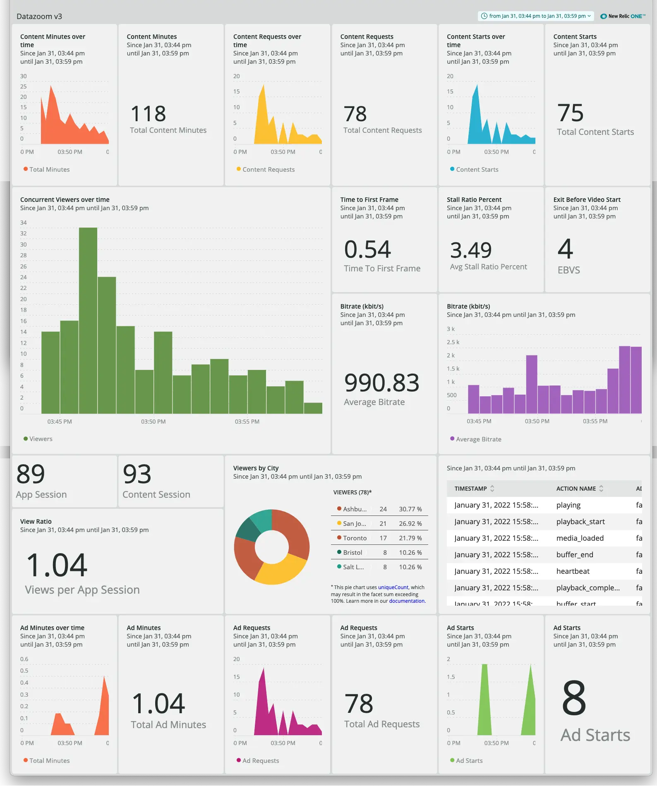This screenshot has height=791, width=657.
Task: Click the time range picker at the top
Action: pyautogui.click(x=536, y=16)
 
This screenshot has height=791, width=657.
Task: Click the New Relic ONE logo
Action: pyautogui.click(x=623, y=16)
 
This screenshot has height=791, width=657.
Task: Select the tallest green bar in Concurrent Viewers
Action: pyautogui.click(x=88, y=321)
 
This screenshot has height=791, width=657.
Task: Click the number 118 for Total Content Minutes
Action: pyautogui.click(x=148, y=114)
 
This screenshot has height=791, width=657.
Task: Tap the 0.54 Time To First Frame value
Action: pyautogui.click(x=367, y=249)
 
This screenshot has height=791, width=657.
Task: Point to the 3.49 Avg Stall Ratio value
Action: pyautogui.click(x=471, y=250)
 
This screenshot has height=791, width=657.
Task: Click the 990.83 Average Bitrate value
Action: pyautogui.click(x=381, y=383)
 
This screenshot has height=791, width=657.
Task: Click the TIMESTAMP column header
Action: pyautogui.click(x=471, y=489)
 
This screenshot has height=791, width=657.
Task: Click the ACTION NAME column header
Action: pyautogui.click(x=576, y=489)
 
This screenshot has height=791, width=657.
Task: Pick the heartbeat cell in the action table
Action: pyautogui.click(x=573, y=571)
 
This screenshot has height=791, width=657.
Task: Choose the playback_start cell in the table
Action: pyautogui.click(x=580, y=522)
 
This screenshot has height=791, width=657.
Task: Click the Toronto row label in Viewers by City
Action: pyautogui.click(x=355, y=538)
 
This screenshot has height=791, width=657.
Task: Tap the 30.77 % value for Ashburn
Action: pyautogui.click(x=410, y=509)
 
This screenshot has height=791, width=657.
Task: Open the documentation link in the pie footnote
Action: pyautogui.click(x=407, y=601)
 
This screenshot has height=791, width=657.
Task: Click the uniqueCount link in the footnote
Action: pyautogui.click(x=393, y=587)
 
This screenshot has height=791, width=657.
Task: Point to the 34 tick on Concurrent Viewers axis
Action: pyautogui.click(x=24, y=223)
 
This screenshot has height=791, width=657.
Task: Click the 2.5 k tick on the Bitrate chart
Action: pyautogui.click(x=453, y=342)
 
